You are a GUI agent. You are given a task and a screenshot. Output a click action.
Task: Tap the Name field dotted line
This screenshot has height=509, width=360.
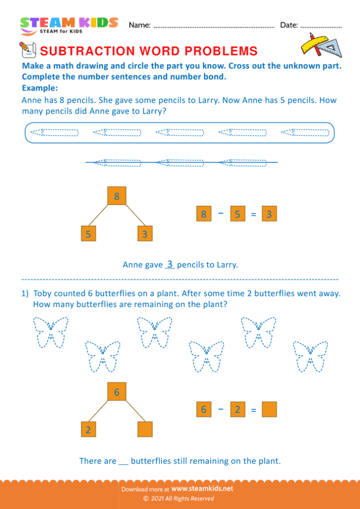tap(214, 27)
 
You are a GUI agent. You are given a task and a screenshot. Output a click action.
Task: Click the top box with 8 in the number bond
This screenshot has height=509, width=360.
tap(117, 196)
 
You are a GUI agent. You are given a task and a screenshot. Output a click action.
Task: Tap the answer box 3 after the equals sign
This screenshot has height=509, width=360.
tap(269, 214)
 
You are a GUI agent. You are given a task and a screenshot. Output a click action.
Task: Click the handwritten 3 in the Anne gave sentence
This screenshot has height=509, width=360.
tap(169, 264)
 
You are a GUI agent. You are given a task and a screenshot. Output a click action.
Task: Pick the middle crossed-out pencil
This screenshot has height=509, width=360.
tap(181, 163)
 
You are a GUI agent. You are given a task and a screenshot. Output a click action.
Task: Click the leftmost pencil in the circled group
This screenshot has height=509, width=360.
tap(55, 133)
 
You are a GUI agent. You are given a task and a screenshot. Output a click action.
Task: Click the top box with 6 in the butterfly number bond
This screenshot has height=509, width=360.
tap(117, 392)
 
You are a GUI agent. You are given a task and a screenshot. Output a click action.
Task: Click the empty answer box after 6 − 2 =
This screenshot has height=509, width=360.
tap(269, 410)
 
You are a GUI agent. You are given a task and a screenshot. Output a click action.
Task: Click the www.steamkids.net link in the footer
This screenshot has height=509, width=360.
tap(202, 488)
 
